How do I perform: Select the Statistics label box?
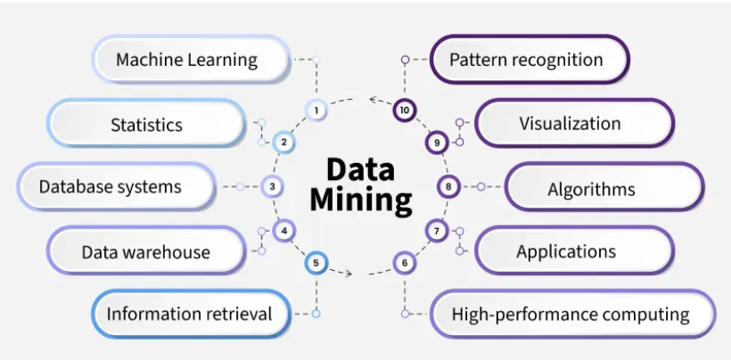pyautogui.click(x=146, y=124)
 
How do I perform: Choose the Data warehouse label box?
pyautogui.click(x=146, y=251)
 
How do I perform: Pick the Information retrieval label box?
pyautogui.click(x=189, y=314)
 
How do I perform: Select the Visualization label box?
pyautogui.click(x=571, y=123)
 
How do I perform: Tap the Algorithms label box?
pyautogui.click(x=604, y=189)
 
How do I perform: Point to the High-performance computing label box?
pyautogui.click(x=571, y=314)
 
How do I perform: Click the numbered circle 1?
pyautogui.click(x=315, y=110)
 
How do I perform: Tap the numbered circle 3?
pyautogui.click(x=273, y=187)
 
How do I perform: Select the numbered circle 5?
pyautogui.click(x=316, y=263)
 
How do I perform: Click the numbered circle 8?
pyautogui.click(x=448, y=187)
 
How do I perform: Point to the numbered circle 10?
pyautogui.click(x=405, y=110)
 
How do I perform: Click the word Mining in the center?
pyautogui.click(x=361, y=201)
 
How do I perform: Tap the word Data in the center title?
pyautogui.click(x=360, y=169)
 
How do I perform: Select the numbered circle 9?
pyautogui.click(x=436, y=142)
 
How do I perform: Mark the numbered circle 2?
pyautogui.click(x=283, y=142)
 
